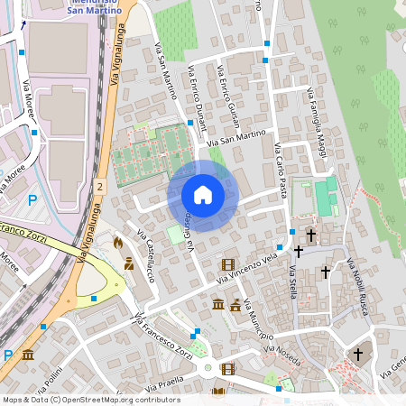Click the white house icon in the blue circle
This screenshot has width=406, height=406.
pyautogui.click(x=203, y=195)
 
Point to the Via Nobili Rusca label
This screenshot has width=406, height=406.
pyautogui.click(x=357, y=287)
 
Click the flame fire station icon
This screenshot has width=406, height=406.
pyautogui.click(x=117, y=243)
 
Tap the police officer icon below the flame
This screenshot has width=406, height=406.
pyautogui.click(x=128, y=264)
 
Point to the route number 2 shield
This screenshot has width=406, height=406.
pyautogui.click(x=101, y=184)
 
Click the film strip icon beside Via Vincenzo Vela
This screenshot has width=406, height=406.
pyautogui.click(x=227, y=264)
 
